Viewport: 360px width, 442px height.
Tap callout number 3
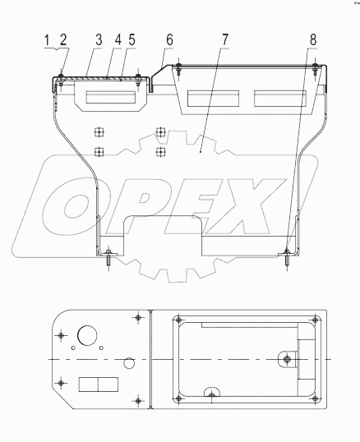click(98, 39)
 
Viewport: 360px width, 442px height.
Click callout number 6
click(169, 39)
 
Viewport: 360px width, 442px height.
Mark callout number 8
click(313, 39)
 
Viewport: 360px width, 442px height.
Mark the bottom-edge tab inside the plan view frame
click(212, 395)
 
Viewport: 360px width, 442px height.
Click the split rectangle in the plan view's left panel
click(96, 385)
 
